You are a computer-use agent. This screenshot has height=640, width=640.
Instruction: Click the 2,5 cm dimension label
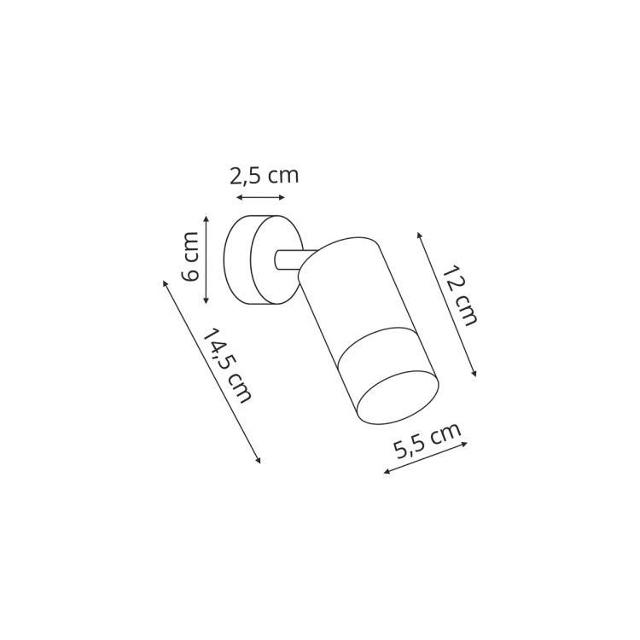coord(264,176)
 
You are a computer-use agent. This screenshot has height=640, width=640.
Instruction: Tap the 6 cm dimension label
coord(190,256)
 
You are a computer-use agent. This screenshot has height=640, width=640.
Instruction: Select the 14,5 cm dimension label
coord(226,365)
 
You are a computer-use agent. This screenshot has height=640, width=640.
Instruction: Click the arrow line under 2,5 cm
coord(261,198)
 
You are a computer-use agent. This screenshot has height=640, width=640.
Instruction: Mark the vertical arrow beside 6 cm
coord(207,259)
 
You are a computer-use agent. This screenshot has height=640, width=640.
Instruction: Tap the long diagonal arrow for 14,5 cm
coord(212,372)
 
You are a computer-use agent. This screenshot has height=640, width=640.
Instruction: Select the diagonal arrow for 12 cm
coord(446,304)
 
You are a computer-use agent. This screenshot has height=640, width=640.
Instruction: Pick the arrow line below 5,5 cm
coord(426,457)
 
